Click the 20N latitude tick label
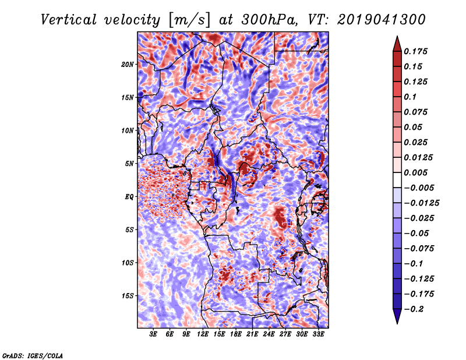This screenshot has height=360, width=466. pyautogui.click(x=128, y=65)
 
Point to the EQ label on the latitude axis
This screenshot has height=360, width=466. pyautogui.click(x=129, y=197)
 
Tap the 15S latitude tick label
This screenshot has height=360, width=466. pyautogui.click(x=128, y=296)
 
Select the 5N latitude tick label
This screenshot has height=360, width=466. pyautogui.click(x=129, y=164)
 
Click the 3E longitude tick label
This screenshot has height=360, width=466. pyautogui.click(x=153, y=334)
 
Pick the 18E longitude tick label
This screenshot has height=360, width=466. pyautogui.click(x=236, y=334)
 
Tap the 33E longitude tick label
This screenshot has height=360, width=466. pyautogui.click(x=318, y=334)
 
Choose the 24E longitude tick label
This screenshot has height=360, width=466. pyautogui.click(x=269, y=334)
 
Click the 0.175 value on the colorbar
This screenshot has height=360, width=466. pyautogui.click(x=415, y=51)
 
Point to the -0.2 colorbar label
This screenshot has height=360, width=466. pyautogui.click(x=414, y=309)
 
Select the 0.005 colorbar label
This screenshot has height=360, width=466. pyautogui.click(x=415, y=172)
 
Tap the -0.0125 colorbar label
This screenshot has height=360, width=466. pyautogui.click(x=421, y=203)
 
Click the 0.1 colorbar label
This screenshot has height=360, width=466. pyautogui.click(x=410, y=97)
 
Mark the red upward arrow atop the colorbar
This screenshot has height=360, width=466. pyautogui.click(x=397, y=44)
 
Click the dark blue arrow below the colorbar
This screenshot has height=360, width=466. pyautogui.click(x=397, y=316)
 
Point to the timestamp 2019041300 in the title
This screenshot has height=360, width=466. pyautogui.click(x=382, y=20)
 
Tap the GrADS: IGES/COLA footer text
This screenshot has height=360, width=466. pyautogui.click(x=33, y=355)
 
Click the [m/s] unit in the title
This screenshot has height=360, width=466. pyautogui.click(x=189, y=20)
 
